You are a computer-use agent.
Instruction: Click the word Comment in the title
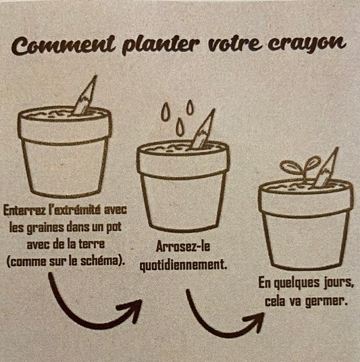[x=63, y=45]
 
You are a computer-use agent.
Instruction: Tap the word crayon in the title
[x=307, y=43]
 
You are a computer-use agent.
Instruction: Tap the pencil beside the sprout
[x=326, y=167]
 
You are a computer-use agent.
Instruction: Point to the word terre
[x=93, y=244]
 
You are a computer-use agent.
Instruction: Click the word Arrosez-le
[x=183, y=247]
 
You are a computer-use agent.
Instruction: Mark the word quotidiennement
[x=183, y=265]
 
